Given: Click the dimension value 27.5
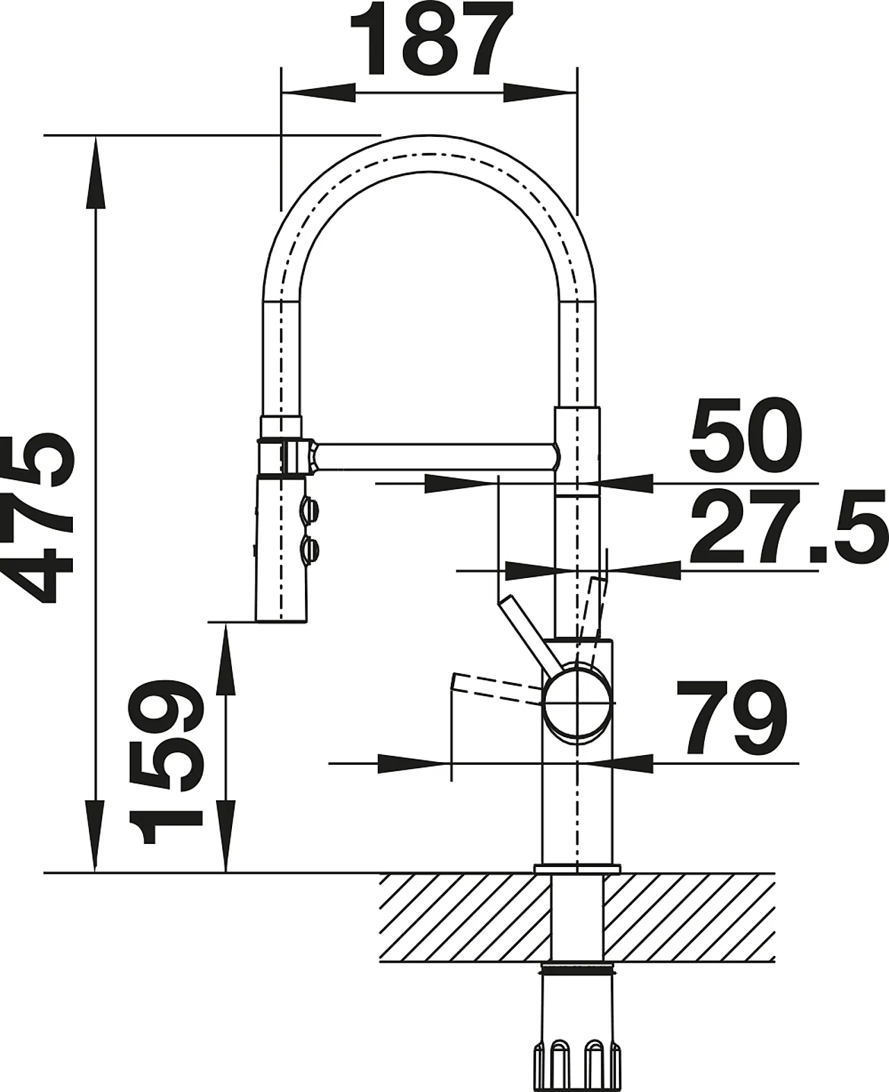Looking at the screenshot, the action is [788, 527].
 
